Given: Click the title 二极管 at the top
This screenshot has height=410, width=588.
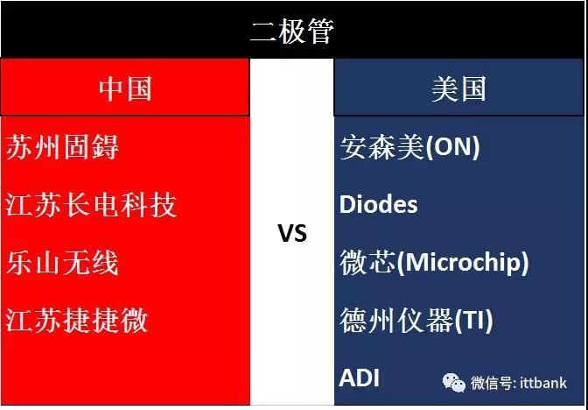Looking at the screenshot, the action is pyautogui.click(x=291, y=31).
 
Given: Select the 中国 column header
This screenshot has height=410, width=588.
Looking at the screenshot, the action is pyautogui.click(x=125, y=89).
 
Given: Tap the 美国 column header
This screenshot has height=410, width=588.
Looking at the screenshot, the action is pyautogui.click(x=458, y=89).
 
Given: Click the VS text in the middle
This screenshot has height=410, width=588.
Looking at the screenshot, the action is pyautogui.click(x=292, y=232).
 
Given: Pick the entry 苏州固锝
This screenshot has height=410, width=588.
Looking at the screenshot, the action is pyautogui.click(x=62, y=147).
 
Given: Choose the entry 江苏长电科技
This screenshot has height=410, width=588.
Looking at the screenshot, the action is pyautogui.click(x=91, y=205).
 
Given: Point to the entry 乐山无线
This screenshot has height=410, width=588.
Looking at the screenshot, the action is pyautogui.click(x=62, y=263).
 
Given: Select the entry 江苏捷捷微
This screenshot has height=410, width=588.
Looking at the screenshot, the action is pyautogui.click(x=76, y=320).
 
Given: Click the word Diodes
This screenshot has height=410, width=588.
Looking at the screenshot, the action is pyautogui.click(x=378, y=205).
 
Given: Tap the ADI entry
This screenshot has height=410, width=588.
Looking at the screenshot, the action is pyautogui.click(x=359, y=378).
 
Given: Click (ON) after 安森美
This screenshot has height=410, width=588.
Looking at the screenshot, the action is pyautogui.click(x=451, y=147).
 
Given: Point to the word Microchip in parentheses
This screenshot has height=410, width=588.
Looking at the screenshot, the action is pyautogui.click(x=462, y=263).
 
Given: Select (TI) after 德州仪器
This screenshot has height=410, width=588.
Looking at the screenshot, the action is pyautogui.click(x=473, y=320).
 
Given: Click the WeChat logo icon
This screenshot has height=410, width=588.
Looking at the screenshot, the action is pyautogui.click(x=454, y=383).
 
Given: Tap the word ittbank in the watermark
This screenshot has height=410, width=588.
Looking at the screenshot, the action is pyautogui.click(x=543, y=383).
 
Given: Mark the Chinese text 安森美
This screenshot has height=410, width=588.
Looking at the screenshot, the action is pyautogui.click(x=381, y=147).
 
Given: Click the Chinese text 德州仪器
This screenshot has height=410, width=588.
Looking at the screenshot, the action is pyautogui.click(x=396, y=320).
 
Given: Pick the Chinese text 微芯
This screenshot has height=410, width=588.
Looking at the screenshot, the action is pyautogui.click(x=367, y=263).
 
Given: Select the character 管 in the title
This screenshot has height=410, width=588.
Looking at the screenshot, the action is pyautogui.click(x=320, y=31).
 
